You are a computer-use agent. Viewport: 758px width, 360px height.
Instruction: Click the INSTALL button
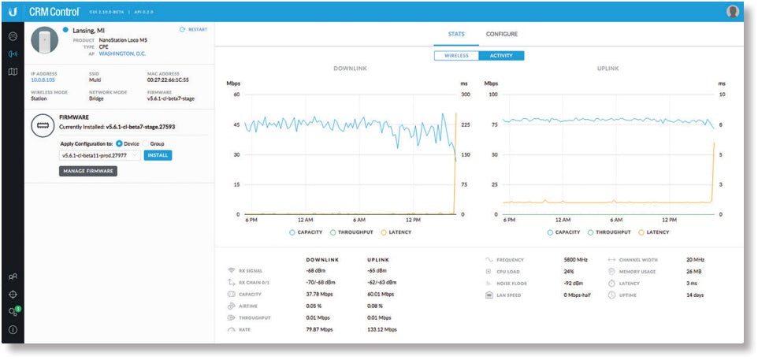pos(158,155)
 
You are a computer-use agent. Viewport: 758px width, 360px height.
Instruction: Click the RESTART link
pos(193,29)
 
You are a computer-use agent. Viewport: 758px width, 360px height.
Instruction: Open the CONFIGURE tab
pos(501,34)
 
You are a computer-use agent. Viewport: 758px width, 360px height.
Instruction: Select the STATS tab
pos(456,34)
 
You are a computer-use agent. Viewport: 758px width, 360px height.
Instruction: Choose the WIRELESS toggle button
pos(456,56)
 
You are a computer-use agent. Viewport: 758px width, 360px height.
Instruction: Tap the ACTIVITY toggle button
pos(501,56)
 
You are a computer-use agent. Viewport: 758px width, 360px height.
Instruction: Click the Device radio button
pos(119,143)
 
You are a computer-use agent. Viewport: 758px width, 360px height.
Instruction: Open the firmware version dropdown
pos(100,155)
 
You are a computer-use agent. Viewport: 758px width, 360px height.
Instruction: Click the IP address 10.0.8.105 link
pos(43,80)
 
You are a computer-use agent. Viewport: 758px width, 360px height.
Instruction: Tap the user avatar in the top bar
pos(733,11)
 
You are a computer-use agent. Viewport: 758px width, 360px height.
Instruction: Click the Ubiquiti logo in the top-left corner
pos(13,11)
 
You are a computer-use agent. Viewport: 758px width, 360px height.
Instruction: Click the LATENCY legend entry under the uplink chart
pos(654,232)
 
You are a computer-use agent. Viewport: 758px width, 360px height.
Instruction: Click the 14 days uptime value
pos(695,295)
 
